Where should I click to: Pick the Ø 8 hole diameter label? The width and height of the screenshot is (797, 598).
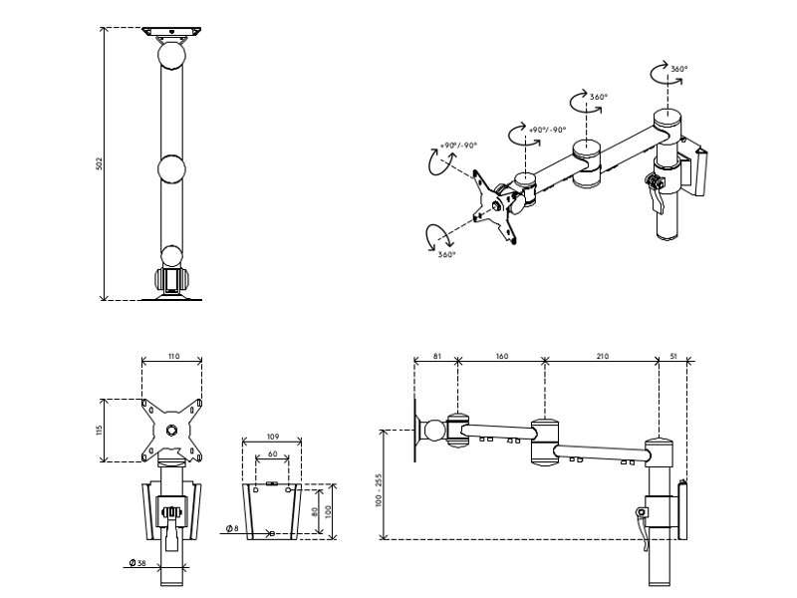point(231,528)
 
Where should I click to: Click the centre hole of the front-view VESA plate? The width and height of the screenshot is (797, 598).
point(172,431)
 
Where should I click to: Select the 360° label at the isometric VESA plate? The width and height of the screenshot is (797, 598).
point(445,254)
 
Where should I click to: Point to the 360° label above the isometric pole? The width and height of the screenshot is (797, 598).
point(678,69)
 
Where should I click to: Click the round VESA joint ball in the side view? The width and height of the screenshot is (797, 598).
point(434,431)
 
